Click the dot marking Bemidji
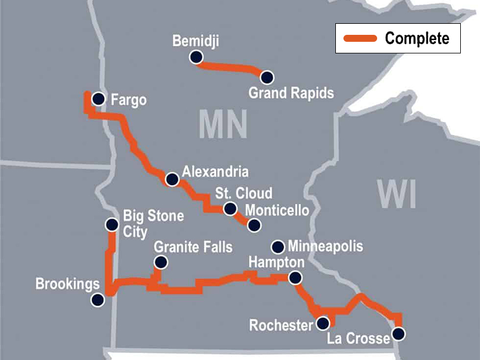pyautogui.click(x=196, y=57)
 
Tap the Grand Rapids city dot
pyautogui.click(x=267, y=77)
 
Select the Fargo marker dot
pyautogui.click(x=99, y=99)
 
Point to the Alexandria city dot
pyautogui.click(x=172, y=179)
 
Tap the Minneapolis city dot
pyautogui.click(x=278, y=246)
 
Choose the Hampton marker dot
pyautogui.click(x=296, y=278)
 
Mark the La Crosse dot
pyautogui.click(x=398, y=334)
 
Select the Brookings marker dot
pyautogui.click(x=98, y=300)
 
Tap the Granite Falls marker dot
pyautogui.click(x=161, y=262)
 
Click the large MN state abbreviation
pyautogui.click(x=223, y=124)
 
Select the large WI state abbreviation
pyautogui.click(x=397, y=194)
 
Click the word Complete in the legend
pyautogui.click(x=417, y=39)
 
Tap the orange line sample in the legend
pyautogui.click(x=360, y=39)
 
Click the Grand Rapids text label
pyautogui.click(x=291, y=93)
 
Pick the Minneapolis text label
pyautogui.click(x=325, y=246)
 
